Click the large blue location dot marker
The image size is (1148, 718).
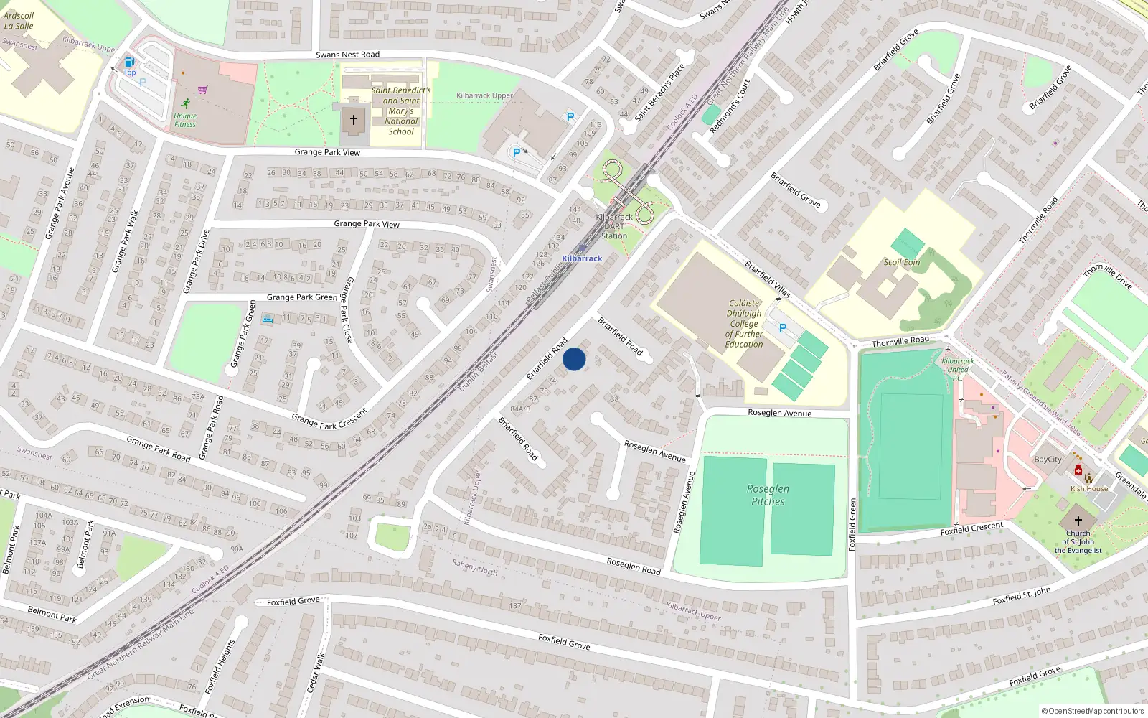[574, 359]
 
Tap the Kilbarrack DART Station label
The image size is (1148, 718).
[614, 226]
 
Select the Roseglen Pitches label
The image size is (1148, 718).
[768, 495]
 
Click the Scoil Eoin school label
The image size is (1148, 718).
[902, 262]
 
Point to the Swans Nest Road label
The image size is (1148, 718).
[348, 55]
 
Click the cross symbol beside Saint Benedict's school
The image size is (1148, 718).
[353, 120]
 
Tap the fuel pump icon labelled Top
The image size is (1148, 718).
[129, 62]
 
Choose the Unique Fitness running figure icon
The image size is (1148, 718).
[186, 103]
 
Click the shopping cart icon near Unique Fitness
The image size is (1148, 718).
[203, 90]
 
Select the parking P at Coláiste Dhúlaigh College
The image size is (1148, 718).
[783, 328]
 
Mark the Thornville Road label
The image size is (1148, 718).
[900, 341]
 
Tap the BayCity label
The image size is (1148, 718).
[1048, 460]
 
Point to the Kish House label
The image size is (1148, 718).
[1089, 489]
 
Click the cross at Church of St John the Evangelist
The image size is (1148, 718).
[1078, 521]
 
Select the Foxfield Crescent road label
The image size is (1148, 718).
[971, 529]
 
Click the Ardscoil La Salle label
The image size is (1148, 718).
[19, 21]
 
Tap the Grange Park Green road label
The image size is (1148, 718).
[301, 297]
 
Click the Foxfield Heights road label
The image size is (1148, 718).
[220, 666]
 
